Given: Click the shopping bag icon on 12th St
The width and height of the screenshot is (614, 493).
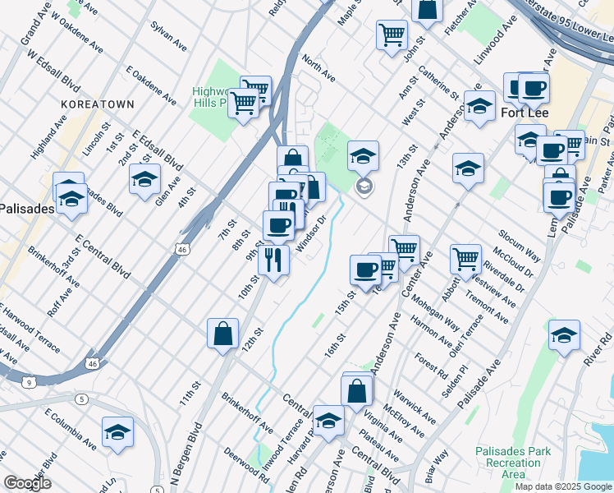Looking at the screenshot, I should [222, 334].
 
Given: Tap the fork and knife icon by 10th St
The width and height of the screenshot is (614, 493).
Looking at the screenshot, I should [273, 260].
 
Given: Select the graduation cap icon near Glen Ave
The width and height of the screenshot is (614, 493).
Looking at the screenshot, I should [144, 178].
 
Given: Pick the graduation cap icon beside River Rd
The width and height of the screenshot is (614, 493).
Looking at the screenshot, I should [564, 334].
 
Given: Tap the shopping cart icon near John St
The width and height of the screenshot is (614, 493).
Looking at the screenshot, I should [392, 35].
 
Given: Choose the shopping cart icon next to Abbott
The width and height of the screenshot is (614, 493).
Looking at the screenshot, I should [465, 258].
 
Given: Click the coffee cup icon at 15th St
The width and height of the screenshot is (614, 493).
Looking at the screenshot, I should [365, 269].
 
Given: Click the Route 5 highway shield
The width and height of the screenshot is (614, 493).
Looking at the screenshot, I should [81, 399].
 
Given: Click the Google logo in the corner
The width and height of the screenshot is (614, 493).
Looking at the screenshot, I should [27, 483].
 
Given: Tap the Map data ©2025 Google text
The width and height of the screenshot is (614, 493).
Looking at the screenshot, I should [562, 486].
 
